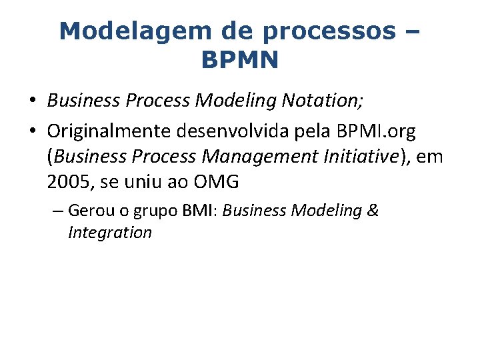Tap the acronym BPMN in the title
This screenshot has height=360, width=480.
click(x=239, y=60)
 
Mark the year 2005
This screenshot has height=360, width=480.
click(x=69, y=181)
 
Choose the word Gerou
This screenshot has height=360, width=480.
click(x=89, y=211)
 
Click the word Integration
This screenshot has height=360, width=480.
click(x=109, y=233)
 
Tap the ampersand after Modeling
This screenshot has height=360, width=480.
click(x=373, y=211)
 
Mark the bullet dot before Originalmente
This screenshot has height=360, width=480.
click(x=32, y=133)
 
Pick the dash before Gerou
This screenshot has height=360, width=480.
click(x=57, y=212)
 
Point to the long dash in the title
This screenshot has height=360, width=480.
click(x=411, y=32)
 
